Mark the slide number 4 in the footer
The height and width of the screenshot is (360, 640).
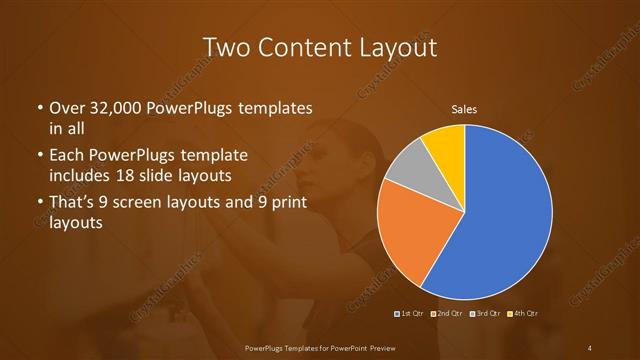[x=590, y=347]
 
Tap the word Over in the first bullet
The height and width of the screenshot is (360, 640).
[x=66, y=109]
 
